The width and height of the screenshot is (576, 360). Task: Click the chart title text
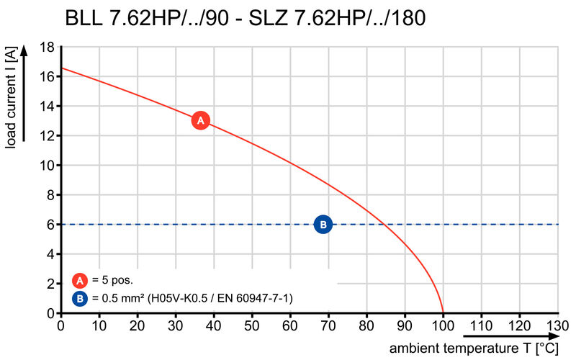pyautogui.click(x=246, y=18)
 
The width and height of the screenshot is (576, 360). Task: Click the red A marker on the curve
pyautogui.click(x=201, y=120)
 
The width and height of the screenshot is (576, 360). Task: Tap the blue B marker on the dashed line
pyautogui.click(x=323, y=225)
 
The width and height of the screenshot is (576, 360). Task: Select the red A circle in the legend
pyautogui.click(x=80, y=281)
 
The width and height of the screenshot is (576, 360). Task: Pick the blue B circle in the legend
pyautogui.click(x=80, y=297)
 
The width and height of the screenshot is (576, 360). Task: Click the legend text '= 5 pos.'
pyautogui.click(x=112, y=281)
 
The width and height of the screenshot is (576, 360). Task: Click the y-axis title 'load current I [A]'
pyautogui.click(x=11, y=98)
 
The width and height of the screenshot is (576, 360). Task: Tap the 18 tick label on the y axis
pyautogui.click(x=47, y=48)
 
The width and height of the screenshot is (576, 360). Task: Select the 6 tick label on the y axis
pyautogui.click(x=50, y=225)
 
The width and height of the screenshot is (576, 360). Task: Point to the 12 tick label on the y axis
pyautogui.click(x=47, y=136)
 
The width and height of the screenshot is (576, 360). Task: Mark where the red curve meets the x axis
pyautogui.click(x=443, y=313)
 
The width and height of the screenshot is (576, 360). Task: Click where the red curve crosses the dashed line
pyautogui.click(x=386, y=225)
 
